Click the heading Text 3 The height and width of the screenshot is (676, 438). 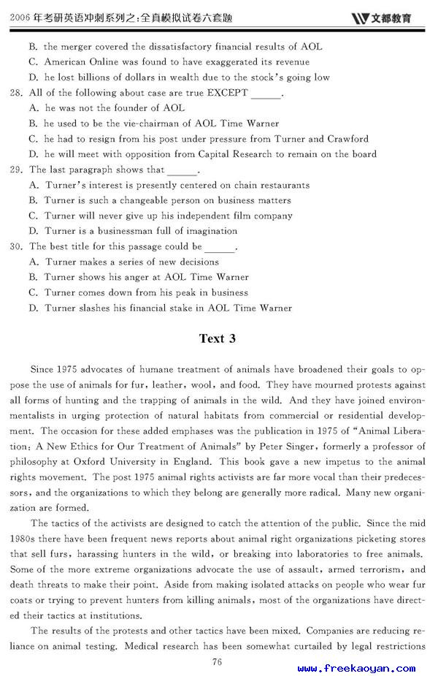pyautogui.click(x=218, y=338)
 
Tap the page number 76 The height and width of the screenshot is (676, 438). pyautogui.click(x=217, y=661)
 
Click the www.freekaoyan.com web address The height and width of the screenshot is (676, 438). pyautogui.click(x=356, y=668)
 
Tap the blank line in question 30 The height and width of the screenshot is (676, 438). pyautogui.click(x=220, y=248)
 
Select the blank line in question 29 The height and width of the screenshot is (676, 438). pyautogui.click(x=182, y=171)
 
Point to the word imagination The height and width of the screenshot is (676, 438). pyautogui.click(x=211, y=231)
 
